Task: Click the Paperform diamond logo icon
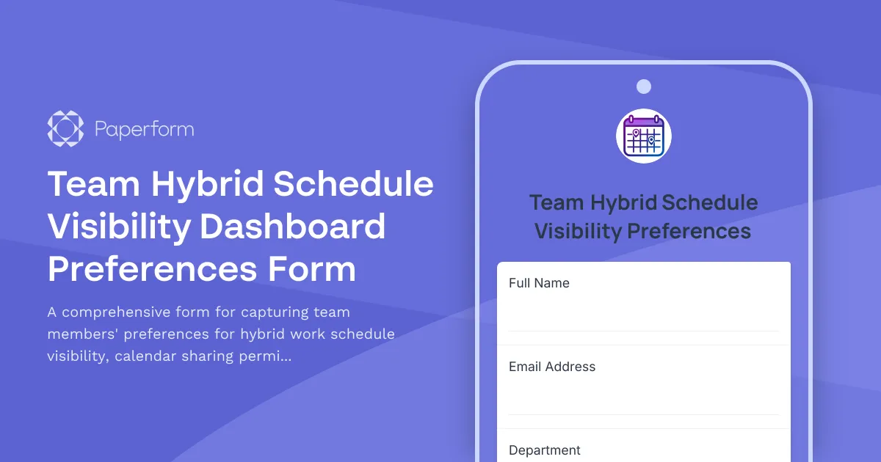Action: [66, 130]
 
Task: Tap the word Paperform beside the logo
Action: [145, 131]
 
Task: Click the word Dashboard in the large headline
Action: [293, 227]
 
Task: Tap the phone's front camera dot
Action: [644, 87]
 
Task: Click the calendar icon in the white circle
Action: [644, 136]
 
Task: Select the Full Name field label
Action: [539, 283]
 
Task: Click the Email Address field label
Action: [552, 367]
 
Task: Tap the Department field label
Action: [545, 450]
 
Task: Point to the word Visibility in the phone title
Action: [578, 232]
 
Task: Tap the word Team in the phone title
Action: [557, 202]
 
